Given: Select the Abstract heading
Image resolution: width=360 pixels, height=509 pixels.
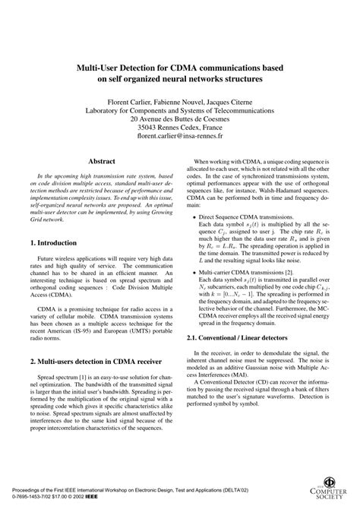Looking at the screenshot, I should tap(102, 162).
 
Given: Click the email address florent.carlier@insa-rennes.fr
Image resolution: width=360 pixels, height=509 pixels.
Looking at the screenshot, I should tap(179, 139).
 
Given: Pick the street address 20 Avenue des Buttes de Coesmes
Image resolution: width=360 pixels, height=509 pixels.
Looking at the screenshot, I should tap(179, 119).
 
